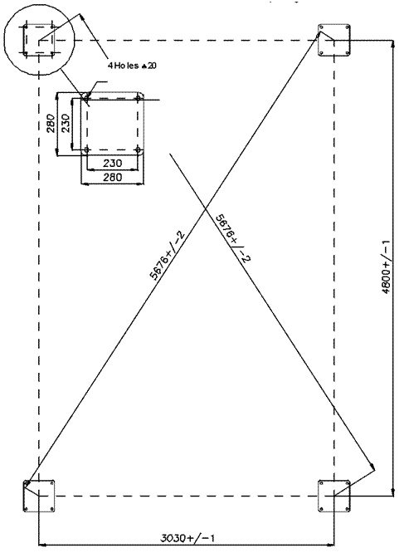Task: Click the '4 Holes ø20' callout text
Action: (x=132, y=66)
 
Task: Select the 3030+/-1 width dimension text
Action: (x=187, y=538)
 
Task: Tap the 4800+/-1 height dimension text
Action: (x=386, y=267)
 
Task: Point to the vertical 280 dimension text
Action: (x=51, y=123)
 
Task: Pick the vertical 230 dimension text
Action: (x=66, y=123)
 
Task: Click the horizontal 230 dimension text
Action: (x=113, y=164)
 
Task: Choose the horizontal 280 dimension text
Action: (x=113, y=177)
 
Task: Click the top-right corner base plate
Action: (x=334, y=40)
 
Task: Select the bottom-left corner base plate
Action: (x=39, y=496)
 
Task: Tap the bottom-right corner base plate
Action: (x=334, y=496)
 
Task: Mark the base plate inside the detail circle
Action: (x=39, y=40)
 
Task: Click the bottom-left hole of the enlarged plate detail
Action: (x=86, y=150)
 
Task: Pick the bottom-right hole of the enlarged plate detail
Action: (x=138, y=150)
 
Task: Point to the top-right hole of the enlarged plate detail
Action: (x=138, y=98)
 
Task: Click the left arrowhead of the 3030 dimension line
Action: (x=41, y=545)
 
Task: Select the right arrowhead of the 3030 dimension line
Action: (x=332, y=545)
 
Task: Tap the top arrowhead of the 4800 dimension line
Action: (x=392, y=43)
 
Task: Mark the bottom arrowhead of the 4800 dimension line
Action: (x=392, y=492)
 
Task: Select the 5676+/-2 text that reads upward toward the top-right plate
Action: (x=168, y=255)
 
